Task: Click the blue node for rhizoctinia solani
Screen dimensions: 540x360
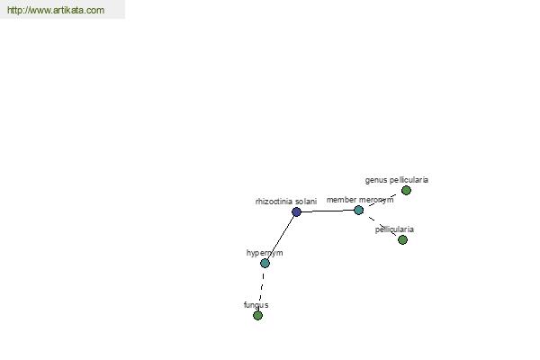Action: (x=296, y=211)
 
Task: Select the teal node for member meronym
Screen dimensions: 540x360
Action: (x=358, y=210)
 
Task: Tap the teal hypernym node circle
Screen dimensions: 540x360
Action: (x=265, y=263)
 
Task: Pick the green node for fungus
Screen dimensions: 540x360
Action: (x=257, y=315)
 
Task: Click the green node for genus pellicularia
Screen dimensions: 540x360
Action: (x=406, y=190)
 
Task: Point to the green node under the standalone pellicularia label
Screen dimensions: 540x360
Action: (x=402, y=239)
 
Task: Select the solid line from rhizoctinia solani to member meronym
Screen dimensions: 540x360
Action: (x=328, y=211)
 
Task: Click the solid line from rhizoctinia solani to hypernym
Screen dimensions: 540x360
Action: (x=280, y=238)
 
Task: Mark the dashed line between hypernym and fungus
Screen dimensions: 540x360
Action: (x=261, y=290)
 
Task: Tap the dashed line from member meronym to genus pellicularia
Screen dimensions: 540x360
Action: (x=382, y=200)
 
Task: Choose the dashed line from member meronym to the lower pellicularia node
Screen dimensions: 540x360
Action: (x=381, y=225)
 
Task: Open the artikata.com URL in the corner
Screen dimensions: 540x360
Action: (x=56, y=10)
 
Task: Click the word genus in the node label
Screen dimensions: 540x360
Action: (x=376, y=180)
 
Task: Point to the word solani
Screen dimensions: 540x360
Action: (x=306, y=202)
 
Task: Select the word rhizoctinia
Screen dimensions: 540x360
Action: (x=274, y=202)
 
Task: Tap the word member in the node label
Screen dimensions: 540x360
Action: (x=341, y=200)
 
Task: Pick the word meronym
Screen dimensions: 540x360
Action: (x=376, y=200)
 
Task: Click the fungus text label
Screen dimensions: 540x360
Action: (x=256, y=305)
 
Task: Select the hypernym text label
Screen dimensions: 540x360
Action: (x=265, y=253)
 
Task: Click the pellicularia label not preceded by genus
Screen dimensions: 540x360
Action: (x=394, y=229)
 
